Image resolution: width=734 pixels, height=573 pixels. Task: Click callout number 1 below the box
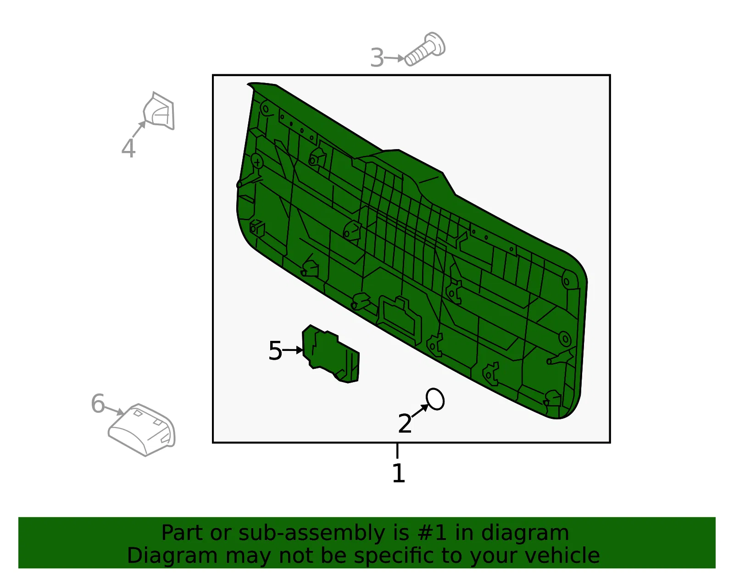[399, 473]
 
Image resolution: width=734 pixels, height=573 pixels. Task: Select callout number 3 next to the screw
[377, 58]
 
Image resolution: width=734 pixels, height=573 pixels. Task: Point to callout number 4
[128, 148]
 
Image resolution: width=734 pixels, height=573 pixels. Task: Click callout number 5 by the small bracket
[275, 350]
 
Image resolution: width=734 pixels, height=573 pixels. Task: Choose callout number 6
[98, 403]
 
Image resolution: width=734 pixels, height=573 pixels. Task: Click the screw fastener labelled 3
[425, 49]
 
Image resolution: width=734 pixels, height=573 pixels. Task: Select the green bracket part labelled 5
[330, 354]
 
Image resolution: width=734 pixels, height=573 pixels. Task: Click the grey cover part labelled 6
[142, 429]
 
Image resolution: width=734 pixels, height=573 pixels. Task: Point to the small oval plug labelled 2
[435, 399]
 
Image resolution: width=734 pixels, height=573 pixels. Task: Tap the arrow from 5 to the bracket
[293, 350]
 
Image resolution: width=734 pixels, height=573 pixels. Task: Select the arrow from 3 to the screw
[394, 58]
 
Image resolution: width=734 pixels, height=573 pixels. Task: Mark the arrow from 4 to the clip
[139, 128]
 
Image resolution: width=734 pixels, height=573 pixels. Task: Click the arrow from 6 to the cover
[114, 410]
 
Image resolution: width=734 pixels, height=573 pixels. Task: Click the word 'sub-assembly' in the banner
[311, 533]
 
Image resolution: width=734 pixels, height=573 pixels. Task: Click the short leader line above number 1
[398, 451]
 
